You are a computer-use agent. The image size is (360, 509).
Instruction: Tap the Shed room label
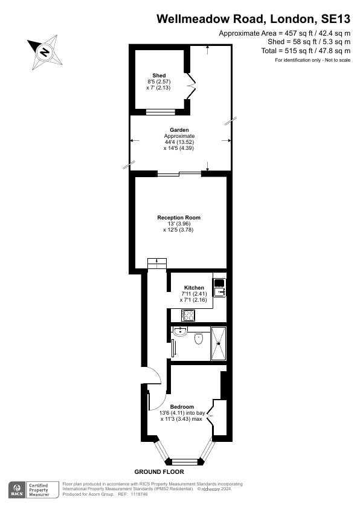(x=159, y=76)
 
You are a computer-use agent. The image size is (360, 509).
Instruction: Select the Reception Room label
(x=179, y=218)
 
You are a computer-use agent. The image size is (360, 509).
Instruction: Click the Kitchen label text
(x=194, y=288)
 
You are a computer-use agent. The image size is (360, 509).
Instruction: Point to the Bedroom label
(x=182, y=407)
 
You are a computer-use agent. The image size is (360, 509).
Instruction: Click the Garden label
(x=179, y=130)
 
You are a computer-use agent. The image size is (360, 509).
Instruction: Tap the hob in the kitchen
(x=188, y=315)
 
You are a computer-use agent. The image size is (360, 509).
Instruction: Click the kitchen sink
(x=220, y=292)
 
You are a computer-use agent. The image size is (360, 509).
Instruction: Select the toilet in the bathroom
(x=199, y=339)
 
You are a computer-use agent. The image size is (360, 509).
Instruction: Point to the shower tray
(x=219, y=343)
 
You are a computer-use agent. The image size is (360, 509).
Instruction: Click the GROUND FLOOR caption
(x=159, y=472)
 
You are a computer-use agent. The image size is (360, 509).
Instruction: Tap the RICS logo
(x=17, y=490)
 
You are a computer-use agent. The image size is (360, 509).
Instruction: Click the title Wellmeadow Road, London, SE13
(x=253, y=19)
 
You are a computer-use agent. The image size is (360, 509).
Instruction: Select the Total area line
(x=306, y=51)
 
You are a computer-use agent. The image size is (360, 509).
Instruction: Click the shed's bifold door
(x=191, y=86)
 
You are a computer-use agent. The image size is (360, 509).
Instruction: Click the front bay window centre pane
(x=185, y=460)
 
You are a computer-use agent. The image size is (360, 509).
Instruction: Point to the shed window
(x=161, y=112)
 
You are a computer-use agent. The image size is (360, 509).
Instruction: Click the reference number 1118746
(x=138, y=494)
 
